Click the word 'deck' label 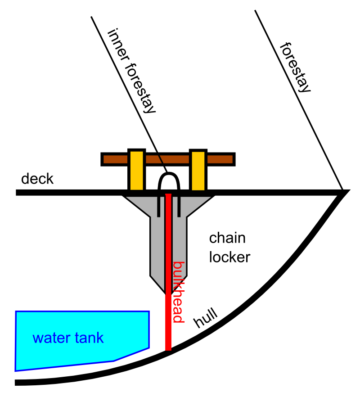pyautogui.click(x=37, y=179)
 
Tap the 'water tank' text pyautogui.click(x=68, y=338)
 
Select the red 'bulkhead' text pyautogui.click(x=178, y=292)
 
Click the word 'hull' pyautogui.click(x=205, y=317)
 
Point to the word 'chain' pyautogui.click(x=227, y=238)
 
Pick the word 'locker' pyautogui.click(x=229, y=257)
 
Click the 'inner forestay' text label pyautogui.click(x=131, y=71)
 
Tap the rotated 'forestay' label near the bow pyautogui.click(x=295, y=68)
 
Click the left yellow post pyautogui.click(x=137, y=170)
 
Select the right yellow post pyautogui.click(x=198, y=170)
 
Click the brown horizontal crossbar pyautogui.click(x=168, y=159)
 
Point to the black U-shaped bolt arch pyautogui.click(x=169, y=174)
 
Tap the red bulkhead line pyautogui.click(x=168, y=272)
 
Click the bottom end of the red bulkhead pyautogui.click(x=168, y=350)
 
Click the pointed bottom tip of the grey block pyautogui.click(x=166, y=294)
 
